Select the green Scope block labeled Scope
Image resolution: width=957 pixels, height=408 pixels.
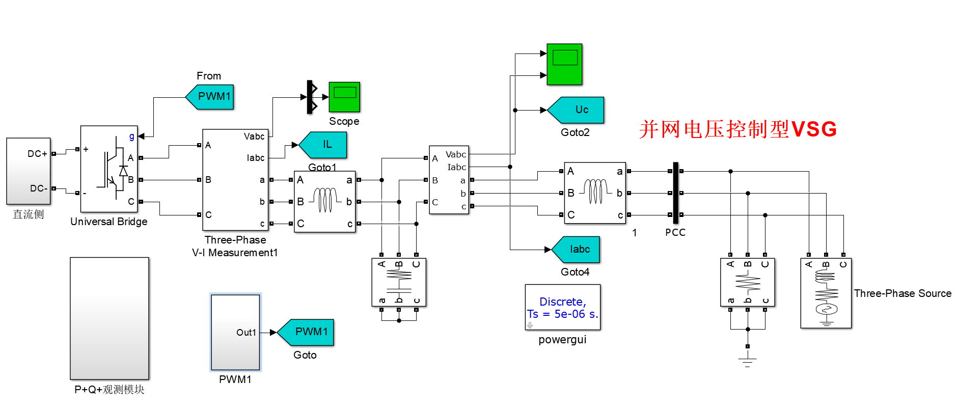(x=344, y=97)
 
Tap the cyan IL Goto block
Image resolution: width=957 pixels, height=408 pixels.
(x=324, y=145)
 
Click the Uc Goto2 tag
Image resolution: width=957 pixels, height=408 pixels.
(x=577, y=110)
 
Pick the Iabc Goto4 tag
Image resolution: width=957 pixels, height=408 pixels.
(x=577, y=250)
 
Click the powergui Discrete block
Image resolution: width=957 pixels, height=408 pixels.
(x=563, y=308)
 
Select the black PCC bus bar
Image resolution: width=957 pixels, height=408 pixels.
(x=675, y=193)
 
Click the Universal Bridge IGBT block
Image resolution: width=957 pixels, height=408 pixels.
(x=109, y=169)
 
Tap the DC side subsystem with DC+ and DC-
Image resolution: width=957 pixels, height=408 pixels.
(x=29, y=171)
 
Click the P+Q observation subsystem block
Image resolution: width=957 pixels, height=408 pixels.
(x=110, y=318)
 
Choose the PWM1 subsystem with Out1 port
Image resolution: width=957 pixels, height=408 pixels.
(x=235, y=332)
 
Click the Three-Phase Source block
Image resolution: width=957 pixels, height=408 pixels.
(x=826, y=293)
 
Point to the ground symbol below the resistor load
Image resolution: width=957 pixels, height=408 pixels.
(x=747, y=362)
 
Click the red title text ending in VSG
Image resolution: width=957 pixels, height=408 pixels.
(x=737, y=129)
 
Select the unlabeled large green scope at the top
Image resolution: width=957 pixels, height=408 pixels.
(x=564, y=64)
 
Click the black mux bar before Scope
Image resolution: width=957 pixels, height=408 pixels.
(x=310, y=97)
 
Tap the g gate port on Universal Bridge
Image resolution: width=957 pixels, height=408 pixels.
(x=132, y=136)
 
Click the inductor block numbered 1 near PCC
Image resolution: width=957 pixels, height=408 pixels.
(x=595, y=193)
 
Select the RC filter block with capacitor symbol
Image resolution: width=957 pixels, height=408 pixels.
(x=399, y=282)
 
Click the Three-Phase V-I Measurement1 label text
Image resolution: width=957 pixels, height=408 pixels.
(x=235, y=246)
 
